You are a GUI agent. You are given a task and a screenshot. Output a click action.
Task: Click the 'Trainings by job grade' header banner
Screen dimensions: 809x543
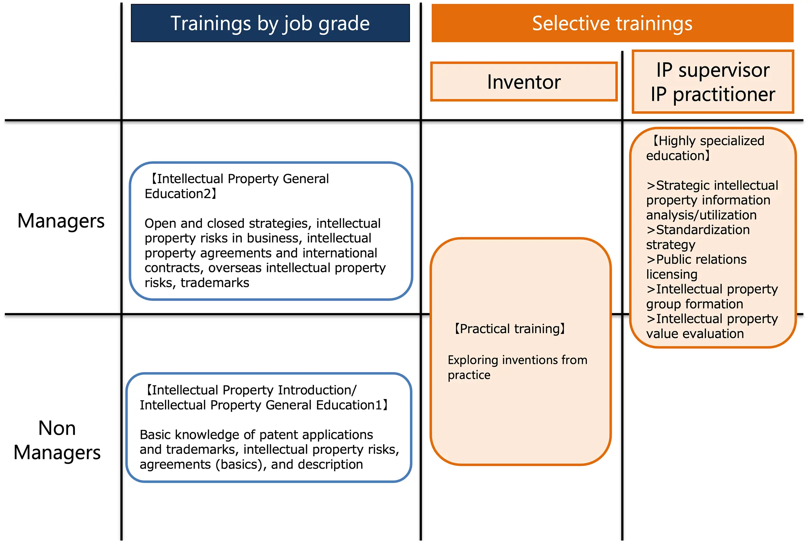click(270, 23)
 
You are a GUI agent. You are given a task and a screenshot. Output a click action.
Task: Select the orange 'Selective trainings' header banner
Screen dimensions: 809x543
click(612, 23)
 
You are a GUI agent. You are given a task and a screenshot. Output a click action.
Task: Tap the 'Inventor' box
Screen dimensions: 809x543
click(523, 82)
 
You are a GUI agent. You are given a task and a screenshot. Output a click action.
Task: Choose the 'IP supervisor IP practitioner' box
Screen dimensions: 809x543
click(713, 82)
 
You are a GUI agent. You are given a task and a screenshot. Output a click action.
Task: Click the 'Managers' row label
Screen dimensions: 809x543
click(61, 221)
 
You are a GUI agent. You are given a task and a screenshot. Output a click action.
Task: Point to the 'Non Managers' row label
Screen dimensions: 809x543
click(57, 440)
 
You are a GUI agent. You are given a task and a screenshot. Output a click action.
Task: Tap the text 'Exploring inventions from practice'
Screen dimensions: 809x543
click(517, 367)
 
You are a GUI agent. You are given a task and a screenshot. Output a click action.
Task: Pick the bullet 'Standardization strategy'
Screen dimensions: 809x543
click(698, 237)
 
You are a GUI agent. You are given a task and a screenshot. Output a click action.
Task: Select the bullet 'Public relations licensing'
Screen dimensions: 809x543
click(696, 267)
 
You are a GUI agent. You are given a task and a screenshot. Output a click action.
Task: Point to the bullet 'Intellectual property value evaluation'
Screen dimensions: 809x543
click(712, 326)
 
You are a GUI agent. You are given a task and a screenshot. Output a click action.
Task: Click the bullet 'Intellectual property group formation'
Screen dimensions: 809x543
click(712, 296)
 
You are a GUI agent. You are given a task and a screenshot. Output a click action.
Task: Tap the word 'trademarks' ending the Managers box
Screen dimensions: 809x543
click(215, 283)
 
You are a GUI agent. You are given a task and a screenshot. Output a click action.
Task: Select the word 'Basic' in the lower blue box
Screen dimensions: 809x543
click(156, 434)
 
